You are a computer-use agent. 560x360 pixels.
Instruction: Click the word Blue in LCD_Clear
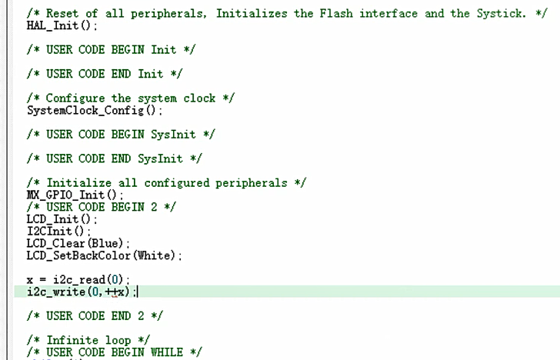point(108,243)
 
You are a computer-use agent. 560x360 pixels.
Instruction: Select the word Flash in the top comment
point(335,13)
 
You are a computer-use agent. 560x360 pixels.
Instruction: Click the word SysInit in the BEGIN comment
point(172,134)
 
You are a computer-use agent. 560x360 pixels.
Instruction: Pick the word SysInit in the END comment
point(160,158)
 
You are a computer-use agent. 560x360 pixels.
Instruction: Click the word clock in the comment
point(199,98)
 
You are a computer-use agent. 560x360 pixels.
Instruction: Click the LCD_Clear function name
point(55,243)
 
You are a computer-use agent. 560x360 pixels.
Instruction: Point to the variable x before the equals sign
point(30,279)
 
